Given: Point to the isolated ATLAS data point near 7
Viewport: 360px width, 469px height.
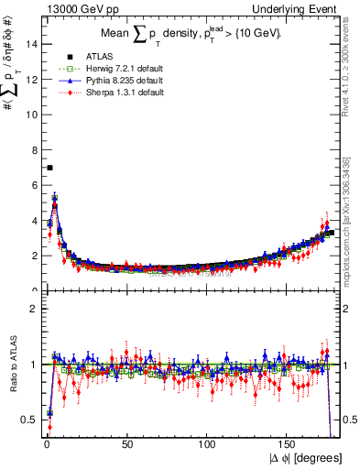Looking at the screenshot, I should (x=49, y=168).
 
